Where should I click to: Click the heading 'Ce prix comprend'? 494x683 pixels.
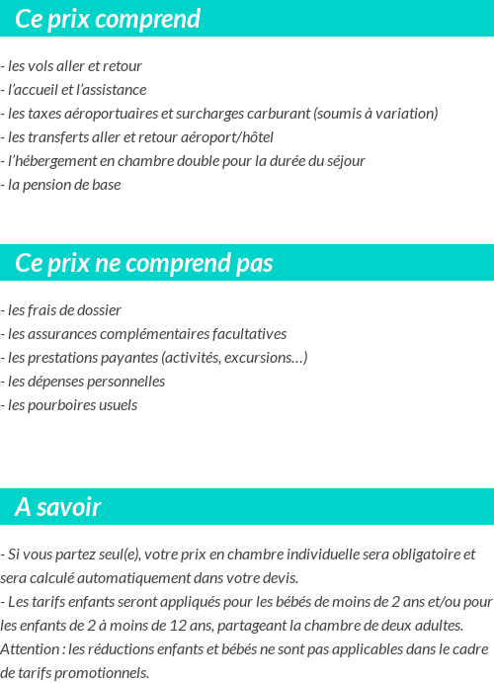coord(108,19)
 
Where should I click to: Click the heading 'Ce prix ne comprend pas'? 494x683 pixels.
coord(144,263)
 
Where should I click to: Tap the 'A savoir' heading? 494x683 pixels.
coord(58,507)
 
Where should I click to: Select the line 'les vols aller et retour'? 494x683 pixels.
coord(73,66)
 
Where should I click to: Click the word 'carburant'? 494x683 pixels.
coord(279,114)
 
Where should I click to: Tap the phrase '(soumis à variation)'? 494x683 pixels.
coord(375,114)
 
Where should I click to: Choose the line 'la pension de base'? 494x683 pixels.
coord(63,185)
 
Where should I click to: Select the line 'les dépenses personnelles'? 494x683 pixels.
coord(85,382)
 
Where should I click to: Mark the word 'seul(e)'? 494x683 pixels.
coord(120,555)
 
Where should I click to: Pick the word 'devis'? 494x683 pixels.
coord(278,578)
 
